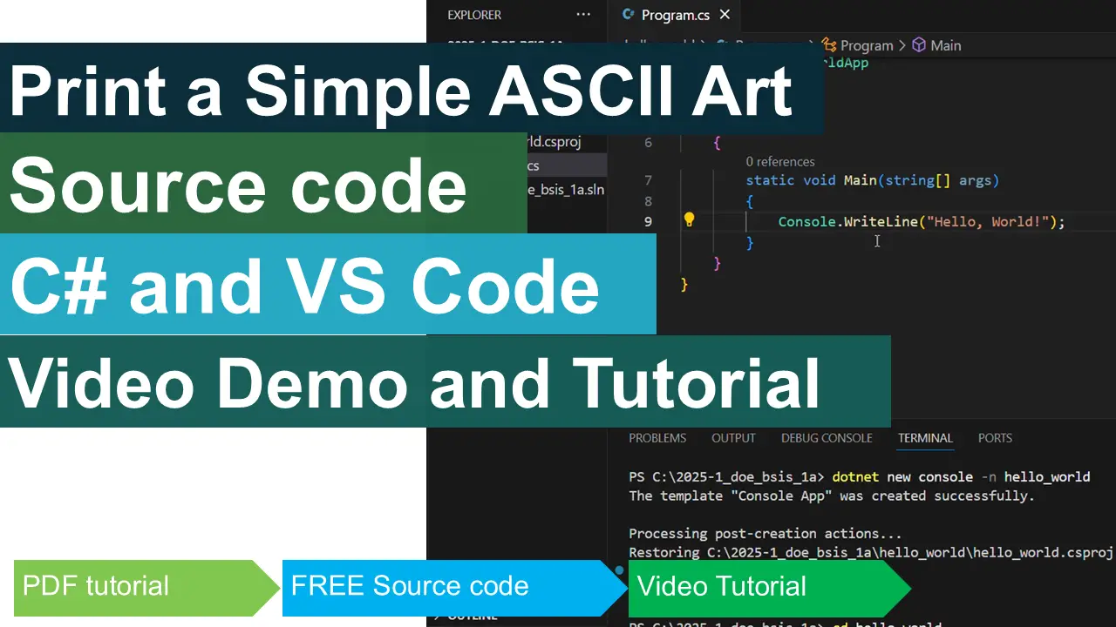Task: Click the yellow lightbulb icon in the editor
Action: pyautogui.click(x=689, y=220)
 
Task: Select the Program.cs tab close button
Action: pyautogui.click(x=725, y=15)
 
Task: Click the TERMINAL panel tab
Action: pyautogui.click(x=925, y=438)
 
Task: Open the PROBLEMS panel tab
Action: pyautogui.click(x=657, y=438)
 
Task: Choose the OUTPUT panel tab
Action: pyautogui.click(x=733, y=438)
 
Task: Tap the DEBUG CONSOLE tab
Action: pyautogui.click(x=827, y=438)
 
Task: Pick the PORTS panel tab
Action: pyautogui.click(x=995, y=438)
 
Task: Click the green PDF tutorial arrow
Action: pyautogui.click(x=139, y=586)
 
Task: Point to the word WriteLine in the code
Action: pyautogui.click(x=881, y=222)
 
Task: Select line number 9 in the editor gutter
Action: pyautogui.click(x=648, y=222)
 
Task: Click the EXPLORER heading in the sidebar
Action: pyautogui.click(x=474, y=15)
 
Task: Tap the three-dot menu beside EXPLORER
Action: pyautogui.click(x=583, y=15)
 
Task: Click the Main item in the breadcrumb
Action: pyautogui.click(x=944, y=45)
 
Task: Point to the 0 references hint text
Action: pyautogui.click(x=780, y=161)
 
